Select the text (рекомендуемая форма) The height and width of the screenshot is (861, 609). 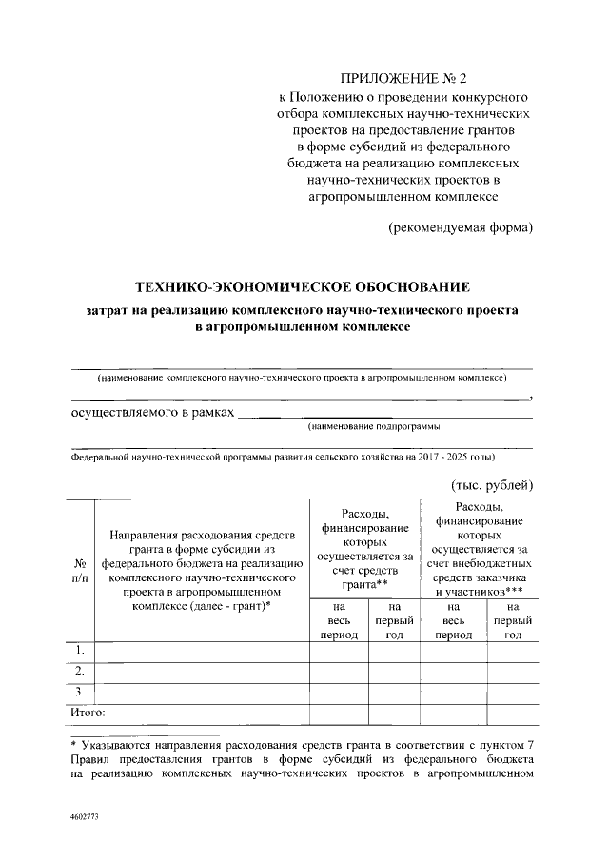(x=460, y=227)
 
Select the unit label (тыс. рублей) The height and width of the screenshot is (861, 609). (x=492, y=485)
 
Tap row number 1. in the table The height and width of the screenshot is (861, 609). (x=81, y=650)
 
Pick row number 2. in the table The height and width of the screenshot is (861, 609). (x=81, y=671)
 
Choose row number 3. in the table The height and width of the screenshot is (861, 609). (x=81, y=691)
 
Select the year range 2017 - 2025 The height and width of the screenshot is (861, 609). (x=437, y=457)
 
